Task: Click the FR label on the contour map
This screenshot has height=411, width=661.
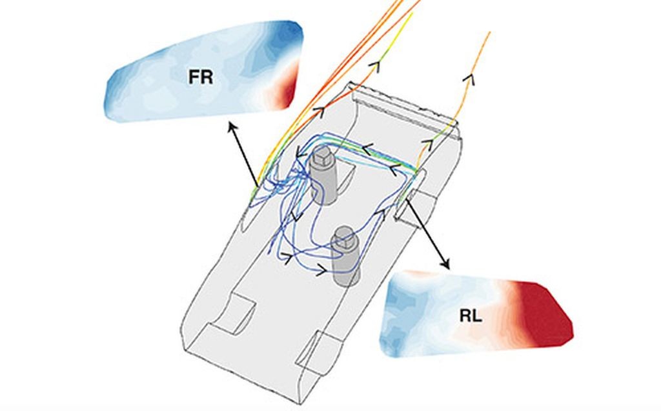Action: point(201,77)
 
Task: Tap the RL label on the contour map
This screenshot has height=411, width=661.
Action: point(471,316)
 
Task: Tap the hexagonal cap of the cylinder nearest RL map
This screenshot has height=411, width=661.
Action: point(345,237)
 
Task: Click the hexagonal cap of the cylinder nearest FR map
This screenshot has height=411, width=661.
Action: point(321,157)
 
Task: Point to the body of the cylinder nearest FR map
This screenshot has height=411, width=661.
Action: point(324,185)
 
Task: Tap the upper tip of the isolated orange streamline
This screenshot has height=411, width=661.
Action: point(490,32)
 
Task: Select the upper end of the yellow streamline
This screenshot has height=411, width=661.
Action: point(412,14)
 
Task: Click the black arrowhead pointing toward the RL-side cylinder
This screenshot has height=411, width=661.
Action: point(321,270)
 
